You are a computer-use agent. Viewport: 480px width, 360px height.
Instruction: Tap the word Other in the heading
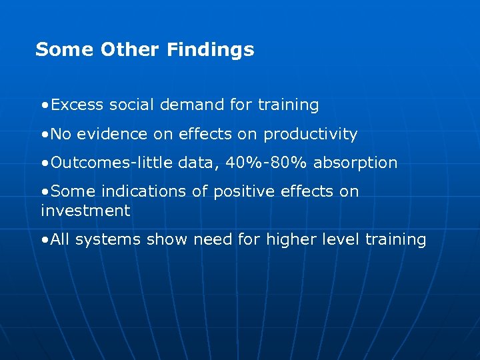tap(131, 50)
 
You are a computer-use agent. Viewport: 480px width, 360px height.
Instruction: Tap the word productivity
tap(311, 135)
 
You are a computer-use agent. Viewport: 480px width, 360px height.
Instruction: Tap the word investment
tap(85, 211)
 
